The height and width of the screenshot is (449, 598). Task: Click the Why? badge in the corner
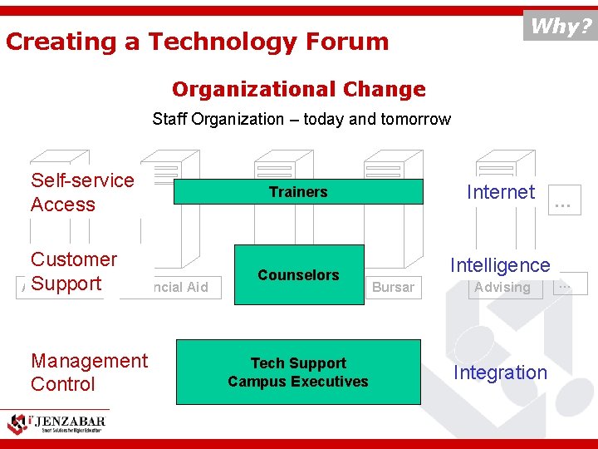point(561,26)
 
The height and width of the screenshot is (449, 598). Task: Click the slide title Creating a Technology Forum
point(197,42)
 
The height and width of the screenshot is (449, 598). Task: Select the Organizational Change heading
point(298,89)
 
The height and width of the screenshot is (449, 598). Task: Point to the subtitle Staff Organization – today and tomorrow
point(301,119)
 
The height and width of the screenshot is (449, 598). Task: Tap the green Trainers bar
point(298,192)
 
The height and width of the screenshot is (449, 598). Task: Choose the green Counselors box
point(298,274)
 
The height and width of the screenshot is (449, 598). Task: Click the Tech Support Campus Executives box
point(298,372)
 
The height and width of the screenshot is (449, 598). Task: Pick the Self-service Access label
point(81,192)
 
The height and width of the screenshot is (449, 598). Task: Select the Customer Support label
point(73,271)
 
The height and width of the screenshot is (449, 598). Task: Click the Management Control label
point(88,372)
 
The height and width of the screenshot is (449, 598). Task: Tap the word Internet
point(500,192)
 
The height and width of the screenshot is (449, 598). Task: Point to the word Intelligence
point(500,265)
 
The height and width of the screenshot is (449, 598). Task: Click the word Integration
point(500,373)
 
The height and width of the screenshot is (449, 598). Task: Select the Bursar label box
point(393,288)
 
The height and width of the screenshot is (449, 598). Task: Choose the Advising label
point(502,288)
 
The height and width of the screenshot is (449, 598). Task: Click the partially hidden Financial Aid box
point(176,288)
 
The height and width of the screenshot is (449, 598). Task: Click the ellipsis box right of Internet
point(566,200)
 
